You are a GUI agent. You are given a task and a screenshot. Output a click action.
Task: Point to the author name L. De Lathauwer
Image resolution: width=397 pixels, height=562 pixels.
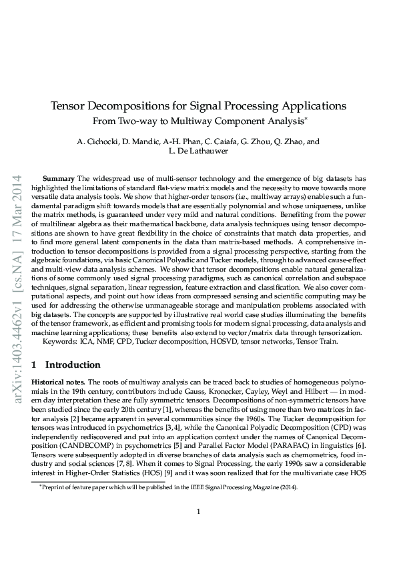click(198, 152)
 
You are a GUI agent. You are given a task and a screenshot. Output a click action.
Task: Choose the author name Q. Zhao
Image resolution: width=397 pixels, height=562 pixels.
click(286, 142)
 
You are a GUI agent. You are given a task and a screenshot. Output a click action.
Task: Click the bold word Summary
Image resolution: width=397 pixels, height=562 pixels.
click(59, 180)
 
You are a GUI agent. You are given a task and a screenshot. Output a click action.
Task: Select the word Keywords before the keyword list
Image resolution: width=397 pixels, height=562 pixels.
click(61, 341)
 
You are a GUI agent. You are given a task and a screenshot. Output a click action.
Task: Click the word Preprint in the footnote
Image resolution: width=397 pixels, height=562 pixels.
click(56, 488)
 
